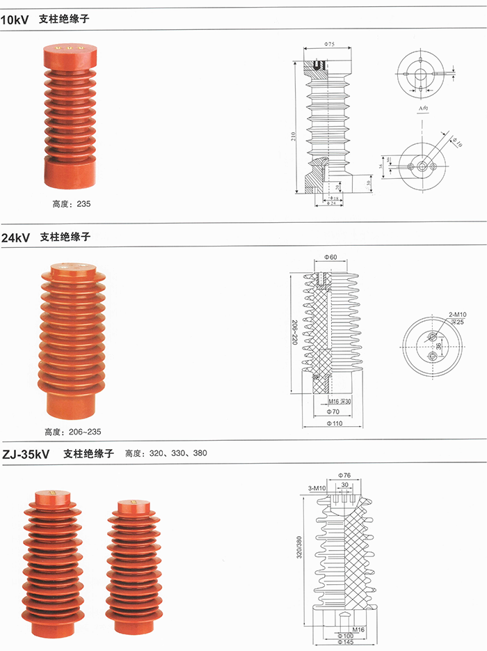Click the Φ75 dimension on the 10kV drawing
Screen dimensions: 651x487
[330, 45]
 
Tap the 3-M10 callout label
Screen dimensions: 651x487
[316, 488]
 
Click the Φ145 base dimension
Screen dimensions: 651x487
[345, 642]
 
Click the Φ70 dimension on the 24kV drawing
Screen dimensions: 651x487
[332, 411]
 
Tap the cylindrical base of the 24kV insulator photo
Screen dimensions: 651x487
[72, 402]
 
